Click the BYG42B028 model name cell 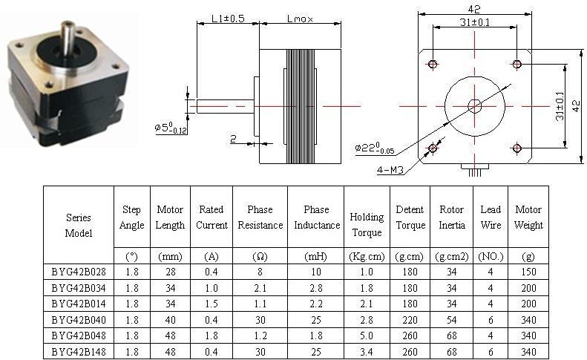click(79, 272)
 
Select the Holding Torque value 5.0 click(367, 336)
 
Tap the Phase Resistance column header click(260, 217)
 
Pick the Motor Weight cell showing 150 click(528, 272)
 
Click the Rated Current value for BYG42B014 click(211, 304)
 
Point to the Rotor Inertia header click(451, 217)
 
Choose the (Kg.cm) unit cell click(367, 257)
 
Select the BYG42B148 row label click(79, 352)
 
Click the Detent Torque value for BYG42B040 click(410, 320)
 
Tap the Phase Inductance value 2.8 click(316, 288)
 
